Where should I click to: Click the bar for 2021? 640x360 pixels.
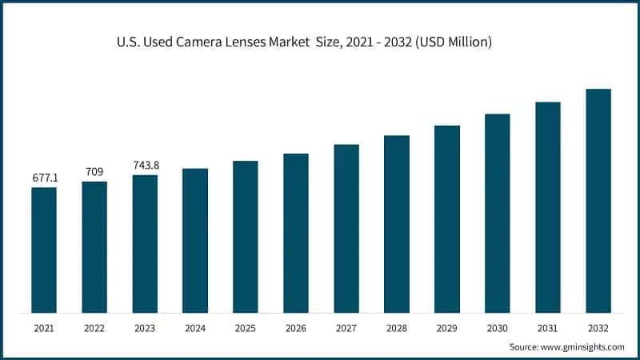coord(44,250)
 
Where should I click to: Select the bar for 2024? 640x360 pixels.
coord(195,240)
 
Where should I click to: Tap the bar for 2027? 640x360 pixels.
coord(346,228)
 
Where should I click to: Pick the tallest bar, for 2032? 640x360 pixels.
coord(598,200)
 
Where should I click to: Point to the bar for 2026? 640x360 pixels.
coord(296,233)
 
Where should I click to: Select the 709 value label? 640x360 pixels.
coord(94,171)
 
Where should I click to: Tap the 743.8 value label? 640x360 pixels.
coord(145,165)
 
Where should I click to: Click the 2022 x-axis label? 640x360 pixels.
coord(94,328)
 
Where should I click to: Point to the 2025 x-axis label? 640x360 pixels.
coord(246,328)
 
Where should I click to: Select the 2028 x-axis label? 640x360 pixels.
coord(397,328)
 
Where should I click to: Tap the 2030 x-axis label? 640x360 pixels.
coord(498,328)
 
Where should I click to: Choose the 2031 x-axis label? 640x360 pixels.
coord(548,328)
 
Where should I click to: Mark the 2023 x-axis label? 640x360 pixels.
coord(145,328)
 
